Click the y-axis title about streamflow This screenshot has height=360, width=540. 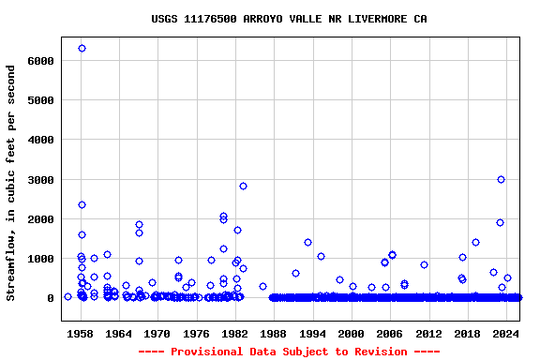coord(11,183)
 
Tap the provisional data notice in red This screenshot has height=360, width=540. coord(289,352)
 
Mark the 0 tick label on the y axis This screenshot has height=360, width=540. coord(51,298)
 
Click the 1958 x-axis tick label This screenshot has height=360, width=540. coord(80,334)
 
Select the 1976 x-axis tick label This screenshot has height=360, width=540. coord(196,334)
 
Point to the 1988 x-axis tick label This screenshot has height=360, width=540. coord(274,334)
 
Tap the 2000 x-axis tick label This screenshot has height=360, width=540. coord(352,334)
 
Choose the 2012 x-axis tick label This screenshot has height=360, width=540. coord(428,334)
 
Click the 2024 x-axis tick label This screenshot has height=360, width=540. coord(506,334)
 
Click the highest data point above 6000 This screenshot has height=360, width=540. coord(82,48)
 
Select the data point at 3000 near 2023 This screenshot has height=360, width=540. coord(501,179)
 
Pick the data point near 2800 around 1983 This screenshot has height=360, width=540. coord(243,186)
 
